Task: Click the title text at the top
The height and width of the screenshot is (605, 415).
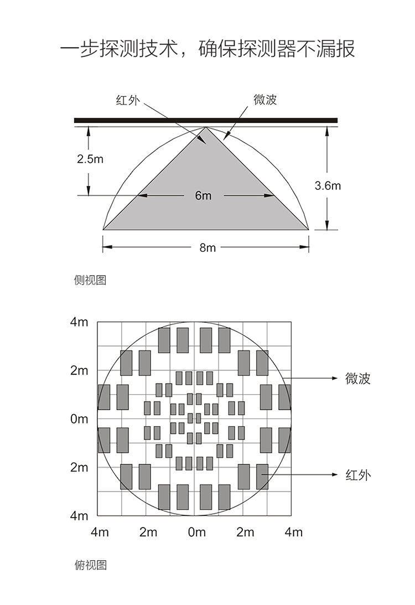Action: click(x=207, y=49)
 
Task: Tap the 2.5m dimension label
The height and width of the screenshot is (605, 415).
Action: click(x=90, y=159)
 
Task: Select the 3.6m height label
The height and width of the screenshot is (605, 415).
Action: click(x=328, y=185)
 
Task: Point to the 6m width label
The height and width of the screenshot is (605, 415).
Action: click(x=203, y=195)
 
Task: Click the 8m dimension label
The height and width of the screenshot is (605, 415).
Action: click(x=207, y=247)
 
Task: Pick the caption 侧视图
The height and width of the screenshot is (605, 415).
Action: click(x=90, y=280)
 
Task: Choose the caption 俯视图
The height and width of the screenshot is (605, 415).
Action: click(x=90, y=565)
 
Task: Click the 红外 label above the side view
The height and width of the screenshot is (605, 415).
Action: click(x=128, y=100)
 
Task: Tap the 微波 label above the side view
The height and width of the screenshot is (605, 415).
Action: click(x=266, y=100)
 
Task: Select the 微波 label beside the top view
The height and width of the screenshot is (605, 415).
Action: click(x=358, y=379)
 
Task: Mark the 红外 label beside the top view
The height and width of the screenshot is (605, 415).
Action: click(x=358, y=474)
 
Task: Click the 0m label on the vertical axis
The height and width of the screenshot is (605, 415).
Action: click(x=79, y=418)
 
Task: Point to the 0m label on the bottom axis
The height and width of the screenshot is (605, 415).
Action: click(x=196, y=532)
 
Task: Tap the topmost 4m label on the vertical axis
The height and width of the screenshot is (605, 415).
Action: click(x=79, y=322)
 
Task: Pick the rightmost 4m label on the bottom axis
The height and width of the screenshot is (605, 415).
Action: click(x=293, y=532)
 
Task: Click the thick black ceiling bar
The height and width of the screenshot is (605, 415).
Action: click(x=206, y=120)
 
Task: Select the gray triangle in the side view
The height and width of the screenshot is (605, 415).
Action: click(x=206, y=193)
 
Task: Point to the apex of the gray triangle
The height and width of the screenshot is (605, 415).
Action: click(x=206, y=127)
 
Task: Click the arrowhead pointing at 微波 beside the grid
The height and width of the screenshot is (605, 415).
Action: click(x=335, y=378)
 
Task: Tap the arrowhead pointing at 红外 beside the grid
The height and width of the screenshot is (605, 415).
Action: click(x=335, y=474)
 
